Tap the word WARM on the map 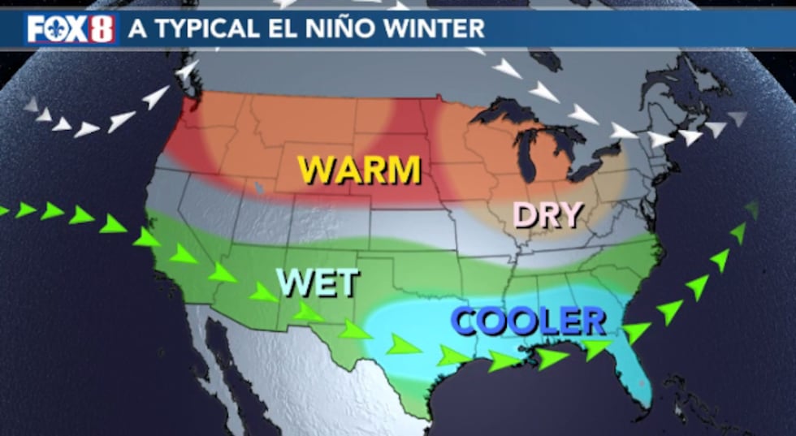pyautogui.click(x=359, y=170)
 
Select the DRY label pyautogui.click(x=548, y=215)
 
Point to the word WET pyautogui.click(x=318, y=283)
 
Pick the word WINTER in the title pyautogui.click(x=442, y=28)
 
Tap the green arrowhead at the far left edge pyautogui.click(x=3, y=210)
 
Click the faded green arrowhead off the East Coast pyautogui.click(x=752, y=210)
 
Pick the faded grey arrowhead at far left pyautogui.click(x=30, y=104)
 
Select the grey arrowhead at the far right pyautogui.click(x=738, y=119)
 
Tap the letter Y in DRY pyautogui.click(x=572, y=215)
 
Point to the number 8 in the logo pyautogui.click(x=102, y=28)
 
